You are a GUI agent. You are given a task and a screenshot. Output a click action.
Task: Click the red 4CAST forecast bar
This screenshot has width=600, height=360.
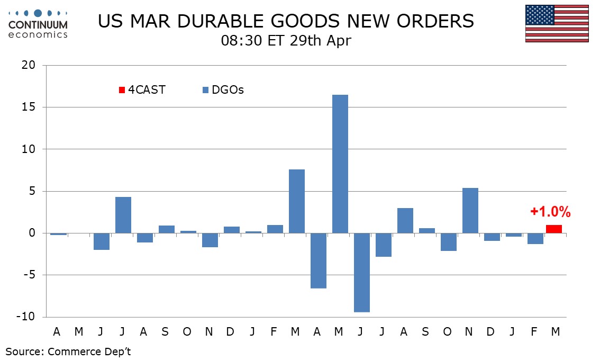pyautogui.click(x=554, y=229)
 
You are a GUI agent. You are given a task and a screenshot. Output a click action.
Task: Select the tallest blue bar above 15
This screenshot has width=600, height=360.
pyautogui.click(x=340, y=164)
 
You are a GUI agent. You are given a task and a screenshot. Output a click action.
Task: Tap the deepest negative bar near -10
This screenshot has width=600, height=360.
pyautogui.click(x=361, y=273)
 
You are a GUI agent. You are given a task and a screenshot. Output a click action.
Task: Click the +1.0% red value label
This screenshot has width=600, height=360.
pyautogui.click(x=550, y=212)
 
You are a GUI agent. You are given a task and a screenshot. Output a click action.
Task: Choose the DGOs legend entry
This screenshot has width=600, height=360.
pyautogui.click(x=223, y=90)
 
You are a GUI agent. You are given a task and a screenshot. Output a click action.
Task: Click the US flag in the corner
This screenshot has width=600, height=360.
pyautogui.click(x=557, y=23)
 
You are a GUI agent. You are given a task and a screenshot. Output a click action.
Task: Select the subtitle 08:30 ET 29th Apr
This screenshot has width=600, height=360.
pyautogui.click(x=286, y=41)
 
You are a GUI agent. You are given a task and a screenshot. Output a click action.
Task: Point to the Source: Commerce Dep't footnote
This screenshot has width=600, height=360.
pyautogui.click(x=68, y=352)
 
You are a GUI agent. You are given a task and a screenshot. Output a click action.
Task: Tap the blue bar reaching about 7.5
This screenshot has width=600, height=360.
pyautogui.click(x=297, y=201)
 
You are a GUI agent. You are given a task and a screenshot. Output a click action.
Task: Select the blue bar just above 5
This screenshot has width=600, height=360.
pyautogui.click(x=470, y=210)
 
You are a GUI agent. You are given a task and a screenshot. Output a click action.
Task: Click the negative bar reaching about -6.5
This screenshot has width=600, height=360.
pyautogui.click(x=318, y=260)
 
